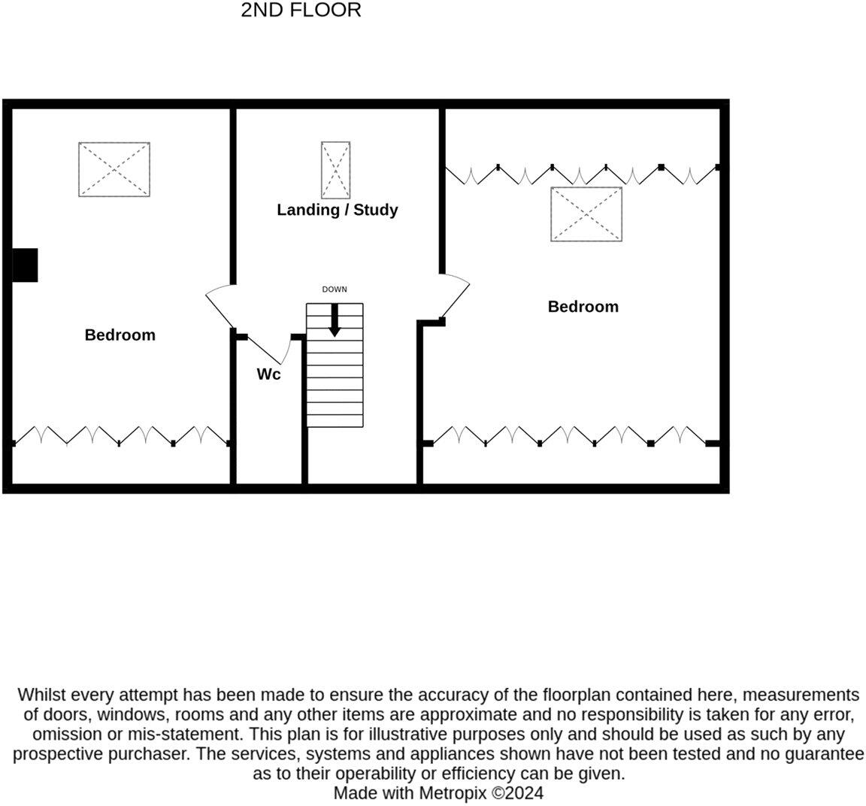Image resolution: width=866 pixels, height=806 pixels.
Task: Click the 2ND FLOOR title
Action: point(301,11)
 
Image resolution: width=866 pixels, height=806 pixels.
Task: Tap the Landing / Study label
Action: point(337,210)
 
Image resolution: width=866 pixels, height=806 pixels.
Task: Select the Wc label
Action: point(268,374)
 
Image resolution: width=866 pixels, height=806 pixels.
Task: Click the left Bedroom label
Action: point(120,335)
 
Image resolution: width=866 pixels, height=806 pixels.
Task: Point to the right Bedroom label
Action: point(583,307)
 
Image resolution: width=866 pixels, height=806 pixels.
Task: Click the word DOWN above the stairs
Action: point(335,289)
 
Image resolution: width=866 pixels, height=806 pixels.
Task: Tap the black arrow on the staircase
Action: point(335,320)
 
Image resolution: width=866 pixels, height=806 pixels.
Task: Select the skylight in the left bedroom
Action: point(114,169)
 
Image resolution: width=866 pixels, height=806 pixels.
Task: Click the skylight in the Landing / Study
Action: point(335,168)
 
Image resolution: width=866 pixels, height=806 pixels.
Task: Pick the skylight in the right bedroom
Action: point(586,214)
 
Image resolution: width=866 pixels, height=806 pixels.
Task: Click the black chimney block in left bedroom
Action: point(25,265)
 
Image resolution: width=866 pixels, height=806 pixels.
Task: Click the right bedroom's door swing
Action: point(455,297)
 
